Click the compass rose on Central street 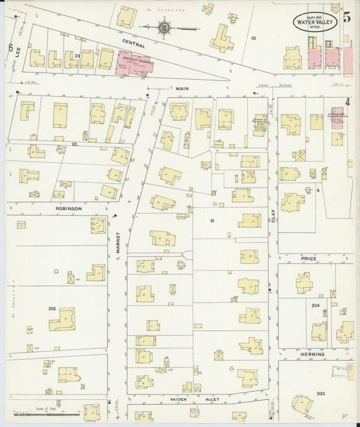163,27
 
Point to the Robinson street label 68,209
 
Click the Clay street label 274,216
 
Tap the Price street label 310,258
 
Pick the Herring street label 313,354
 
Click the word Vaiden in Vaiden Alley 179,399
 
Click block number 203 319,393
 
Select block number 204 315,305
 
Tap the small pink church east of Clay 336,114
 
